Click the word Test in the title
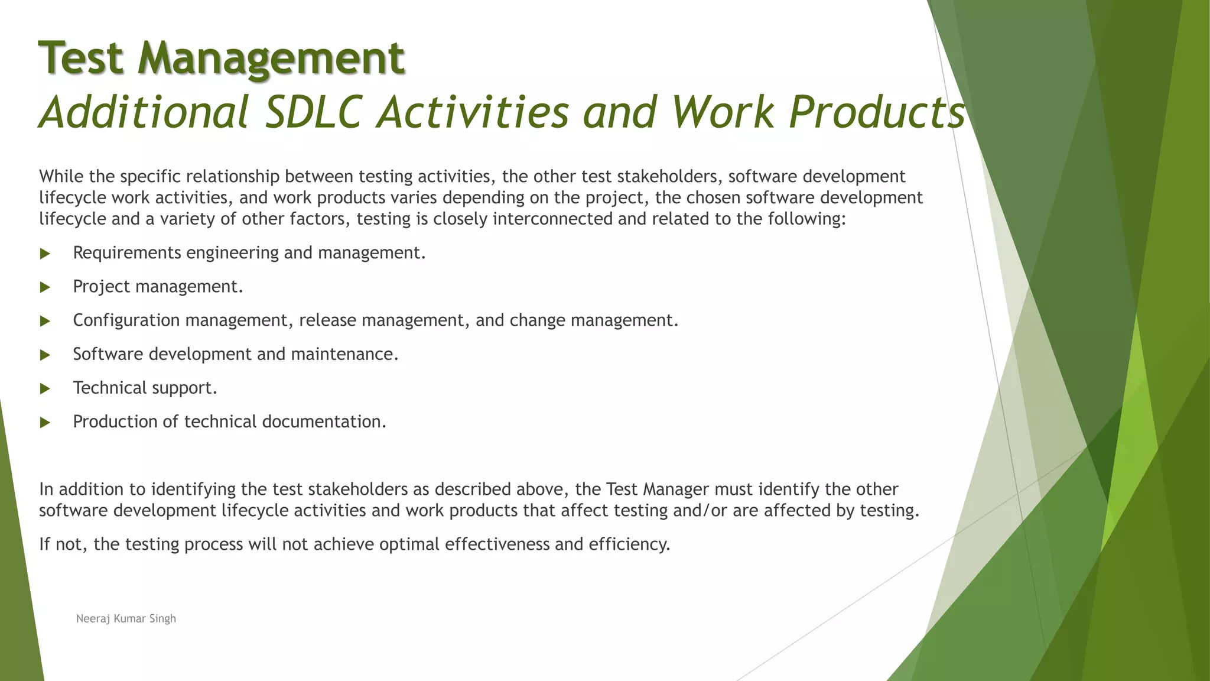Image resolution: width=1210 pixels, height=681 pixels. (82, 58)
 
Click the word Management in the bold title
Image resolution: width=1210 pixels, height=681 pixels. (271, 58)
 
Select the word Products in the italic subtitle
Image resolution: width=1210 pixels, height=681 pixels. (877, 112)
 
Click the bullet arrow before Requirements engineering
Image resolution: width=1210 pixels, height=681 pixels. (45, 254)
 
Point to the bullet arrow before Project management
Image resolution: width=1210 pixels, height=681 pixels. (45, 287)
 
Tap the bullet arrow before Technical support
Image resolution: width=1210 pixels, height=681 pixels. (45, 388)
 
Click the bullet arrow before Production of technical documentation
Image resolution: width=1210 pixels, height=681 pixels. (45, 422)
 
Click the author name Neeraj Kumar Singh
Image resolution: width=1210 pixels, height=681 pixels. (126, 618)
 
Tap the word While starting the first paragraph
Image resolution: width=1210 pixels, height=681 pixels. (61, 176)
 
